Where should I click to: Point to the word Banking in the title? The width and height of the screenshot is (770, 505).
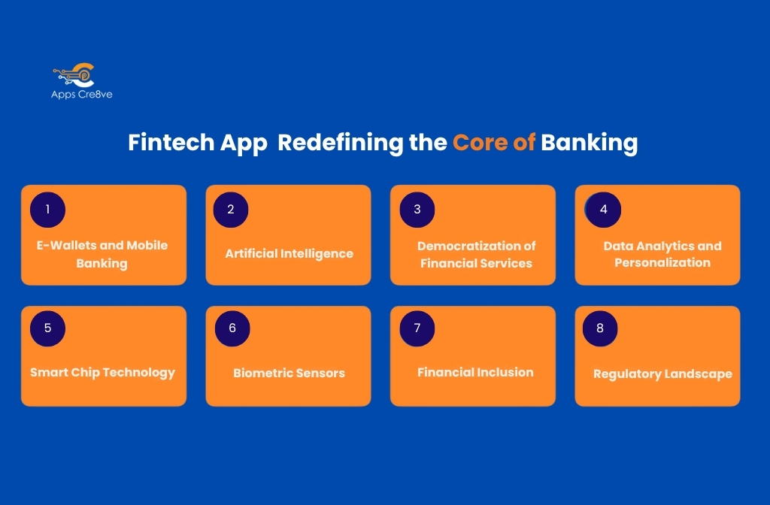[x=590, y=143]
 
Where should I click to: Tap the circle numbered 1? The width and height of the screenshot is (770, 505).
[x=47, y=210]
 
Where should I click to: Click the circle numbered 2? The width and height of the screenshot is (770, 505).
[x=231, y=210]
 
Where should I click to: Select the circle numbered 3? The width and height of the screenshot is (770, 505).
[x=417, y=210]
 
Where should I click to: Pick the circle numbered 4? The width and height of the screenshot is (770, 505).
[x=603, y=210]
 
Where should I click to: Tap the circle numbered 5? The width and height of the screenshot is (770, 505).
[x=47, y=328]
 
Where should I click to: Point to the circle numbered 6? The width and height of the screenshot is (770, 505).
[x=232, y=328]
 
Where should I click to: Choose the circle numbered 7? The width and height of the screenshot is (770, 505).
[x=417, y=328]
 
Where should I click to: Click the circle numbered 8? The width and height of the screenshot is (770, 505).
[x=600, y=328]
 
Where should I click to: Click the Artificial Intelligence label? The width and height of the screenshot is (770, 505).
[x=289, y=254]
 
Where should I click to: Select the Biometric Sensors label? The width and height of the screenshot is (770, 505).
[x=289, y=373]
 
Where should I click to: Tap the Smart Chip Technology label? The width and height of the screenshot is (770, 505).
[x=102, y=372]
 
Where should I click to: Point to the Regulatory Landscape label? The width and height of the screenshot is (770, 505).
[x=662, y=373]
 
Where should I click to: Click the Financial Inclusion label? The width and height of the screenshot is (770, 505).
[x=475, y=372]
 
